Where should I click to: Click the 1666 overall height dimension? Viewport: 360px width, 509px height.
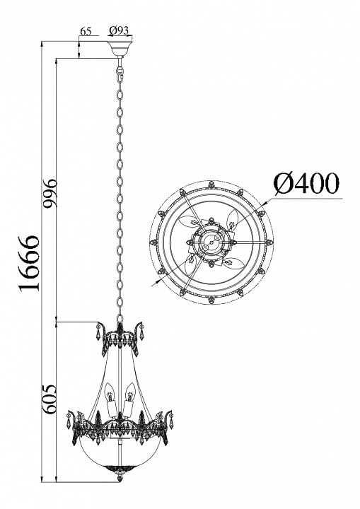point(30,263)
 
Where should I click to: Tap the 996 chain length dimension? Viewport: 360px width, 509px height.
point(50,194)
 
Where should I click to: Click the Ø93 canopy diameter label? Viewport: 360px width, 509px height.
point(119,30)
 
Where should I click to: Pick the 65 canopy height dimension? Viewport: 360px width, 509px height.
point(85,31)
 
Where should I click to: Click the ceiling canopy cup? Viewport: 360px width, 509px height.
point(120,48)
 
